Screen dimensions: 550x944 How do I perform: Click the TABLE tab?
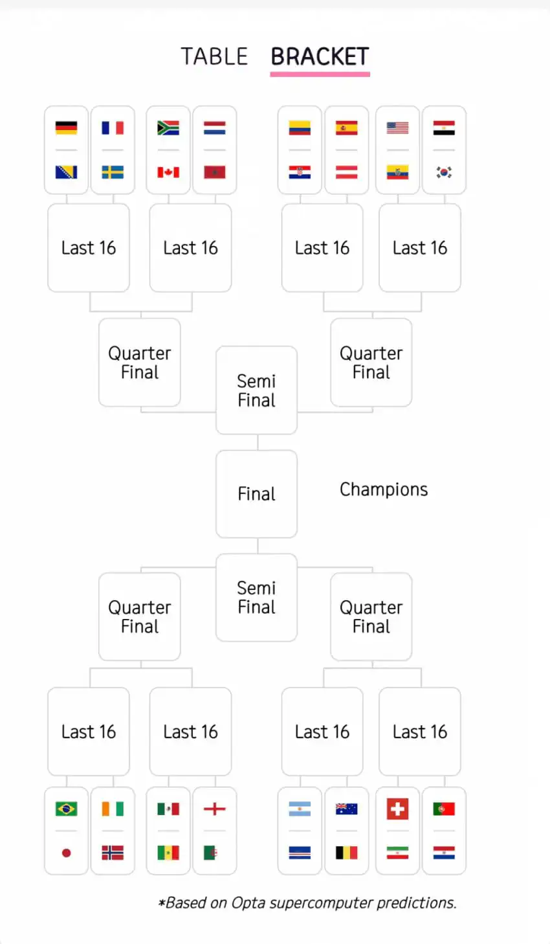[x=214, y=56]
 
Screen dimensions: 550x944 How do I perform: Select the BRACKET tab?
[x=320, y=56]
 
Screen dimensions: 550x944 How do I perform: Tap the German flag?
[x=66, y=128]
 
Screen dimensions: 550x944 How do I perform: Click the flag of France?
[x=113, y=128]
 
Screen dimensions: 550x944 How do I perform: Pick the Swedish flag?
[x=113, y=172]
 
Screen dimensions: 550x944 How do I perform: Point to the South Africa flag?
[x=168, y=128]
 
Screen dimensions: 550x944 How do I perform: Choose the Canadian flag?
[x=168, y=172]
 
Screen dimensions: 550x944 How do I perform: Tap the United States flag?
[x=397, y=128]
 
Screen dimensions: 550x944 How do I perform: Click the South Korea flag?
[x=444, y=172]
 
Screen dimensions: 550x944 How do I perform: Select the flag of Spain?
[x=347, y=128]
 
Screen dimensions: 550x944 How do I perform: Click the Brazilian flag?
[x=66, y=809]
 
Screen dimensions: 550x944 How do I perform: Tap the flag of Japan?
[x=66, y=853]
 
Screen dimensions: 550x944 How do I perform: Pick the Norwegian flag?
[x=113, y=853]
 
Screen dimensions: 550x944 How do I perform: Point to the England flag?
[x=215, y=809]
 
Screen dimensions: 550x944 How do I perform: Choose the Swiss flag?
[x=397, y=809]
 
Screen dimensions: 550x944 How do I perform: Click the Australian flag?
[x=347, y=809]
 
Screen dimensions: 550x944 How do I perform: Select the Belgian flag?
[x=347, y=853]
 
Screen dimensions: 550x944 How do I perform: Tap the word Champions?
[x=384, y=489]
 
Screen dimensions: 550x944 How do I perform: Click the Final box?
[x=256, y=494]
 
